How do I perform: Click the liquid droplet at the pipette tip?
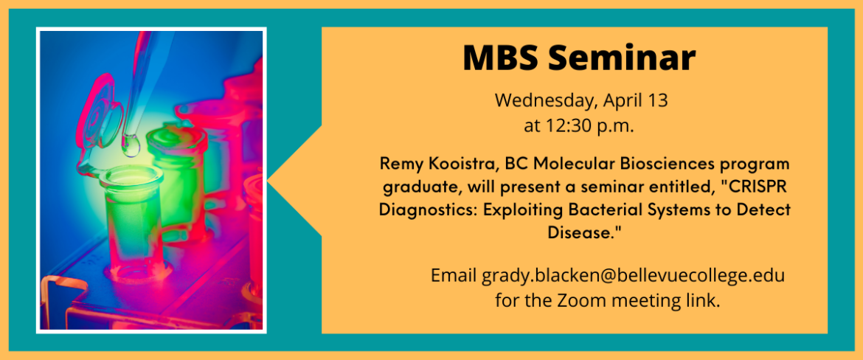131,145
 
